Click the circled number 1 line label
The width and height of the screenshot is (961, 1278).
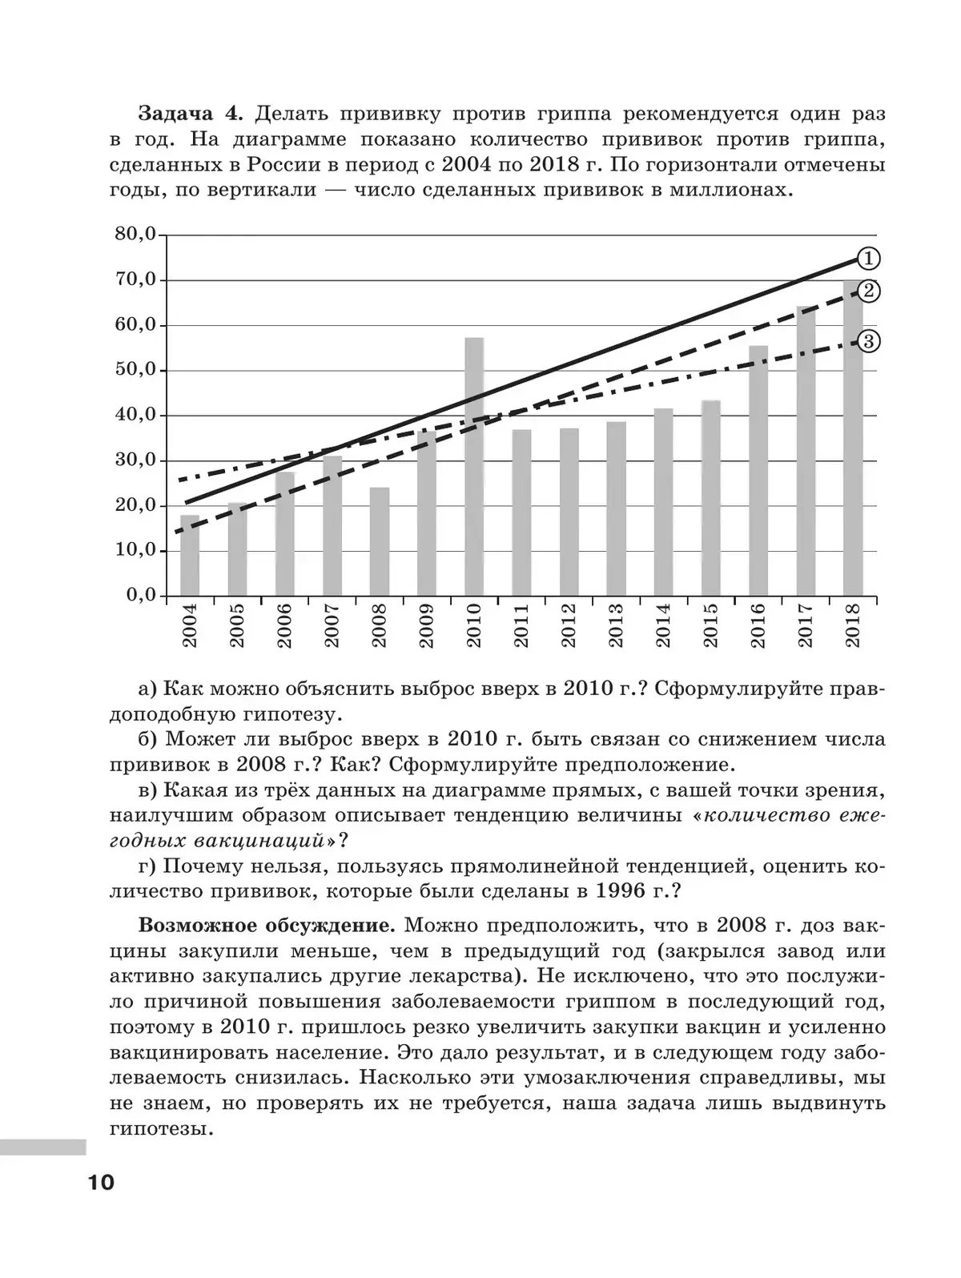(x=868, y=259)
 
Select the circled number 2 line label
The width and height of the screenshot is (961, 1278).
(x=868, y=291)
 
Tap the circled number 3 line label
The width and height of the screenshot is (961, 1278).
(x=868, y=342)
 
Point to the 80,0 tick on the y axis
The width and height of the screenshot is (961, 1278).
(x=135, y=235)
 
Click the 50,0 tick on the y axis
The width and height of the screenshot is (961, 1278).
(x=135, y=370)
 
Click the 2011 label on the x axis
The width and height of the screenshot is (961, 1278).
(x=521, y=626)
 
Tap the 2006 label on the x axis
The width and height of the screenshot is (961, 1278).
(x=284, y=626)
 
